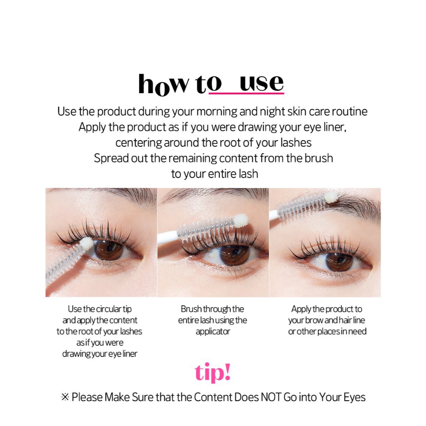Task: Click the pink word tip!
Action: (213, 373)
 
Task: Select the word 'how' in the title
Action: (163, 84)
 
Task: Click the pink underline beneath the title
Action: (246, 93)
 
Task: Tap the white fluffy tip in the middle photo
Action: (241, 220)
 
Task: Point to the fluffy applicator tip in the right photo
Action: (330, 197)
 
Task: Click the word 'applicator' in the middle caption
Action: (213, 332)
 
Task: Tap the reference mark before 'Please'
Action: (65, 397)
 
